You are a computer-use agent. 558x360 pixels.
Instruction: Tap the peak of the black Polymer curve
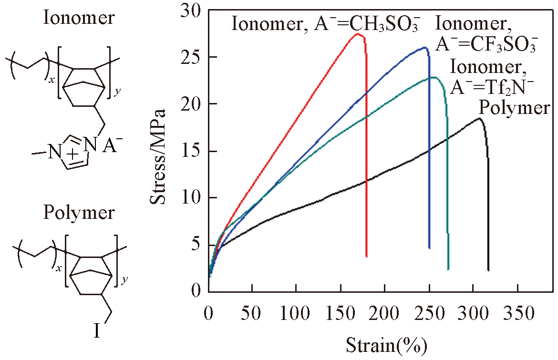[x=479, y=118]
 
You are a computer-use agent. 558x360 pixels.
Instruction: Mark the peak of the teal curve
[x=433, y=77]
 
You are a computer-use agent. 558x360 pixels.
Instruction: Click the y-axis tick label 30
[x=192, y=10]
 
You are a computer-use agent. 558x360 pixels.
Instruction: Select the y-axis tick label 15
[x=192, y=151]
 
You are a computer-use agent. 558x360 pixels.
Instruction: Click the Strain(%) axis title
[x=386, y=344]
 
